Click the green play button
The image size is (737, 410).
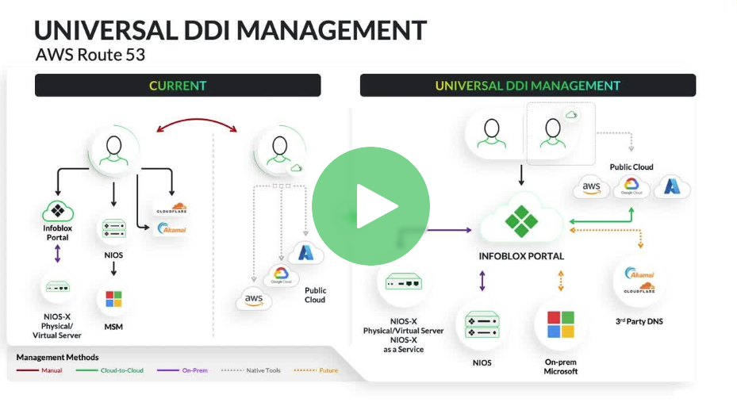click(x=370, y=205)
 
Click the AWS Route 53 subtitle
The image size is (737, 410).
click(x=90, y=56)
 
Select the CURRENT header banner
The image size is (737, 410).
click(x=178, y=86)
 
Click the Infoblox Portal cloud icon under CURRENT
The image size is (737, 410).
click(x=57, y=211)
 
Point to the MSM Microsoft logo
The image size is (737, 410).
click(x=113, y=300)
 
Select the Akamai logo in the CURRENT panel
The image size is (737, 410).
click(x=171, y=228)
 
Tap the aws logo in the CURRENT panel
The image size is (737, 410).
click(x=254, y=300)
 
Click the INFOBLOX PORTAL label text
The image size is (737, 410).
click(x=521, y=256)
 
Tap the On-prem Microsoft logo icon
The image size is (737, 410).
click(x=560, y=324)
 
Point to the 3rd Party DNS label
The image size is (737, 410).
click(x=639, y=321)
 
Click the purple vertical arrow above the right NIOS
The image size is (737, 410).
click(x=482, y=281)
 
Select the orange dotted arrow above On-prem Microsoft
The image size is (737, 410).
click(x=560, y=281)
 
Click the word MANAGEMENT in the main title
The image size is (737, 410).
click(x=332, y=30)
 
